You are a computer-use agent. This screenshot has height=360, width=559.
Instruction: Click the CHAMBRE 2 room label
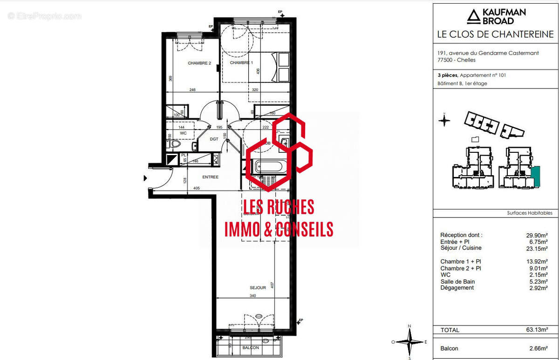click(200, 63)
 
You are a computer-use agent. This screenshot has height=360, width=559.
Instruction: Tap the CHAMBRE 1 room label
click(241, 63)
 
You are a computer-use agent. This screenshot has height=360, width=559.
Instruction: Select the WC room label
click(183, 133)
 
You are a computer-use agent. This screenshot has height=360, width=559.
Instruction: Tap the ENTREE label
click(210, 177)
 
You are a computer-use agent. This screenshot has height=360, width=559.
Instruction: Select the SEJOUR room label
click(258, 288)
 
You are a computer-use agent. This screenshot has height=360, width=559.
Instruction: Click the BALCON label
click(250, 347)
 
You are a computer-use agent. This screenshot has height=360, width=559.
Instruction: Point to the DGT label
click(214, 139)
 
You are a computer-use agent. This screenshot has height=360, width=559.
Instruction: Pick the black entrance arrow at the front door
click(145, 177)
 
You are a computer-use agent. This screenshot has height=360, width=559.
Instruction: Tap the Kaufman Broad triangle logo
click(474, 17)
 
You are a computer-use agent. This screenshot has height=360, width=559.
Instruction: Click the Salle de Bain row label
click(457, 282)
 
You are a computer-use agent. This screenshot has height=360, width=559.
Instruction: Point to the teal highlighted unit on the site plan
click(535, 176)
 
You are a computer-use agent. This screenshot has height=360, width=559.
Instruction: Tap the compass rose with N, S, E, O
click(409, 342)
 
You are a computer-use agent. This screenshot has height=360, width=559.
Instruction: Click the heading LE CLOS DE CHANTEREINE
click(495, 34)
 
